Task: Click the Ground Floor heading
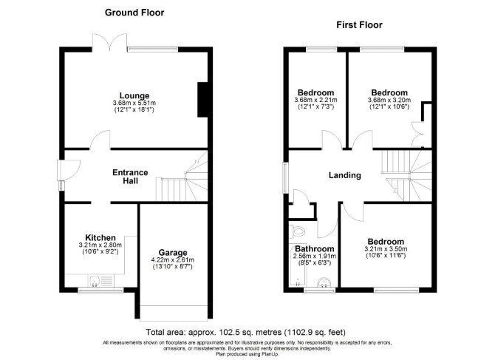134,13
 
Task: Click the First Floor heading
359,25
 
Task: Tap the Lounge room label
134,95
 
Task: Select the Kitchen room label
100,237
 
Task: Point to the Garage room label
173,253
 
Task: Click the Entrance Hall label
130,177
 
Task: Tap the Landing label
345,175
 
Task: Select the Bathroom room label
315,249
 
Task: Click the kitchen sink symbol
101,280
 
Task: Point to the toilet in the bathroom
298,231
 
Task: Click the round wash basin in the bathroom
324,282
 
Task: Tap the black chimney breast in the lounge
202,100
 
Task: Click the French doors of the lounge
109,43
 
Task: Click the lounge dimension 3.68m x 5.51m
134,103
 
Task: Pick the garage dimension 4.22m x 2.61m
173,260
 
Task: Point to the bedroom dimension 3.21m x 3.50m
386,249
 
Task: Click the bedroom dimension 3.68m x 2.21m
315,100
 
